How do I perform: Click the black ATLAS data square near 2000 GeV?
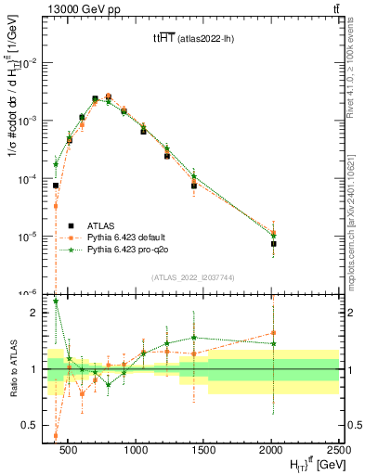[273, 244]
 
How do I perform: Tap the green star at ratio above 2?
[56, 301]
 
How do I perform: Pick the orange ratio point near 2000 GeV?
[273, 332]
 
